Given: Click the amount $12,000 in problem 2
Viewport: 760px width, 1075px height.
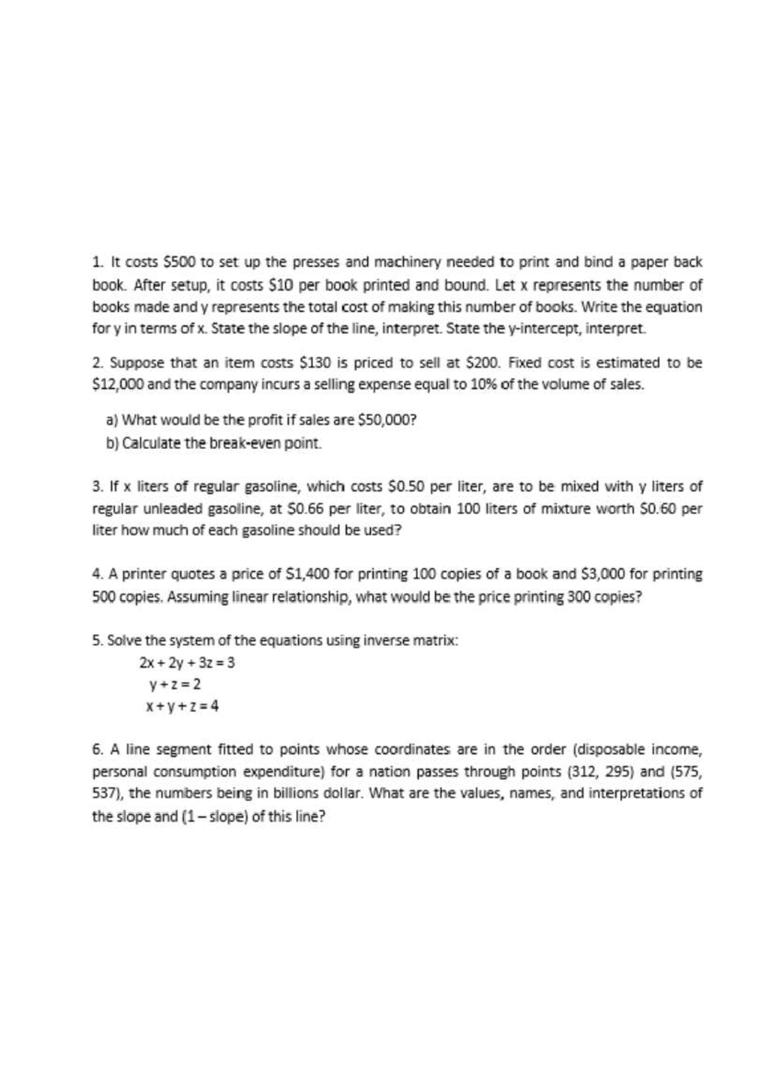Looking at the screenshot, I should point(118,385).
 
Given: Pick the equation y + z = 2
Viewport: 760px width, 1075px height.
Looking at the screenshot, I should point(175,684).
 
